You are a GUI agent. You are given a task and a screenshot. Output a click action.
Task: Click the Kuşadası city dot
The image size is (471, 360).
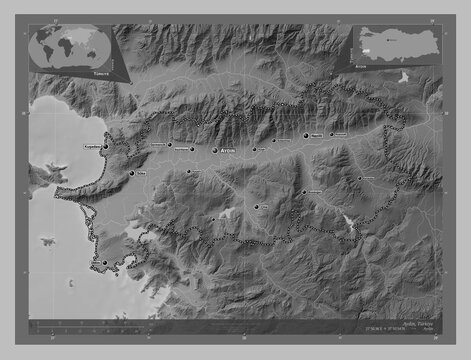(x=104, y=146)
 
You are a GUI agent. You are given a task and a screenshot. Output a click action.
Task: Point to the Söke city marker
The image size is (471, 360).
(x=131, y=172)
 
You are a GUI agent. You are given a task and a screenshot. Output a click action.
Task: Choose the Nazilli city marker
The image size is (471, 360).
(x=306, y=136)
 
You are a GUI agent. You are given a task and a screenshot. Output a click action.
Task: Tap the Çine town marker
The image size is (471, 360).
(x=256, y=207)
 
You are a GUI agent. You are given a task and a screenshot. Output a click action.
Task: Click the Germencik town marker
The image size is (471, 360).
(x=171, y=144)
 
